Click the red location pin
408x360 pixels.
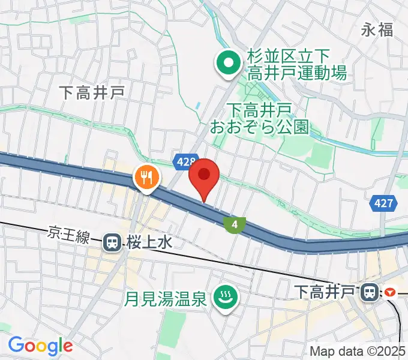(x=204, y=176)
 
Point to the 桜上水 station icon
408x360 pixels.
(x=112, y=242)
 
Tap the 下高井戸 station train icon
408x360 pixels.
(x=368, y=292)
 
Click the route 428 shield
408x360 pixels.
(x=185, y=161)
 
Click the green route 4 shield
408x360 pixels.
(x=234, y=224)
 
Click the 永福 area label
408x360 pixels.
(x=377, y=30)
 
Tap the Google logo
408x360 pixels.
(x=40, y=346)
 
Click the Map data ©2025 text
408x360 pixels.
(x=358, y=351)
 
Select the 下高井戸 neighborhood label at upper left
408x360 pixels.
(x=92, y=91)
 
